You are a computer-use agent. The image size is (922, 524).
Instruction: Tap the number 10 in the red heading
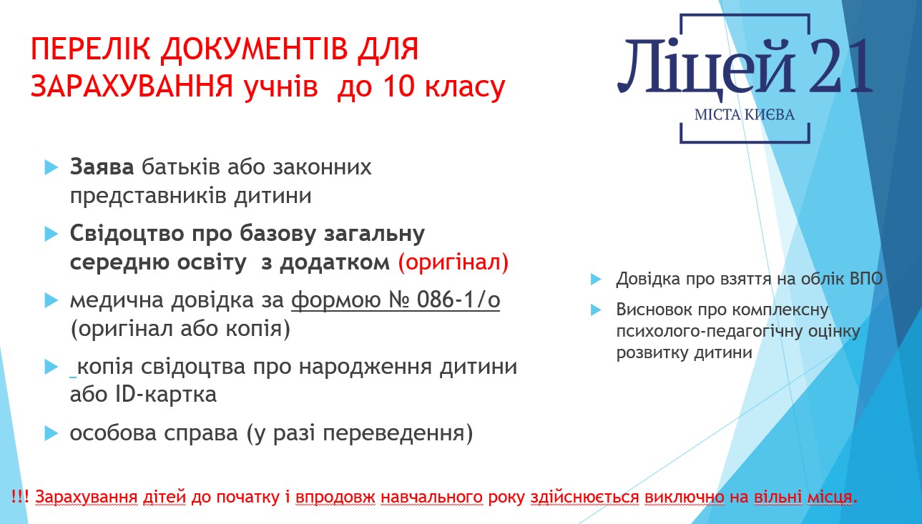click(397, 86)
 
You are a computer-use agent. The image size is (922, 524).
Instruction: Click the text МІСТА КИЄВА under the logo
click(745, 114)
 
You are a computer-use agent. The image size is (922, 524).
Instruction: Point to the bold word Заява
click(102, 167)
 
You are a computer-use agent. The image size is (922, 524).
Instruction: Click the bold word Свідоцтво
click(127, 234)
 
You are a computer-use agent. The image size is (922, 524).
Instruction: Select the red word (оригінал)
click(453, 262)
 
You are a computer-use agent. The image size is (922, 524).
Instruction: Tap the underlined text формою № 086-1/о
click(396, 300)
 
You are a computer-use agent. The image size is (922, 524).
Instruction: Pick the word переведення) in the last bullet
click(398, 433)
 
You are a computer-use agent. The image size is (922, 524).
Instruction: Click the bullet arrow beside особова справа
click(51, 433)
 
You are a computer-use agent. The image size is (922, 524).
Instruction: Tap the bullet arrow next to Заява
click(51, 167)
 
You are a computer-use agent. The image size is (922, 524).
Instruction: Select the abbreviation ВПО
click(866, 279)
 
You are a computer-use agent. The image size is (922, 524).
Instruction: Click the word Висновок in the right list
click(651, 310)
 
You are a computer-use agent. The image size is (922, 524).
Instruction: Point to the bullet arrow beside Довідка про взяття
click(596, 280)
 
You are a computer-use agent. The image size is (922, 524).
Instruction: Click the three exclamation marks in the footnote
click(20, 496)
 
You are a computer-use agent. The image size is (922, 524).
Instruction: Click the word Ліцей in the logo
click(706, 66)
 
